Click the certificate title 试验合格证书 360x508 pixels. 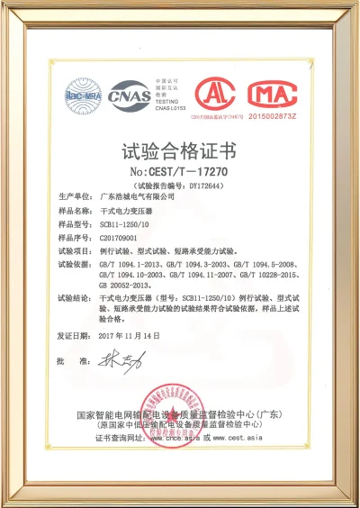pyautogui.click(x=179, y=149)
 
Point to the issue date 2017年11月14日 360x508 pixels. pyautogui.click(x=130, y=335)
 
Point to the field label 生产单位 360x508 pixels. pyautogui.click(x=74, y=195)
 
